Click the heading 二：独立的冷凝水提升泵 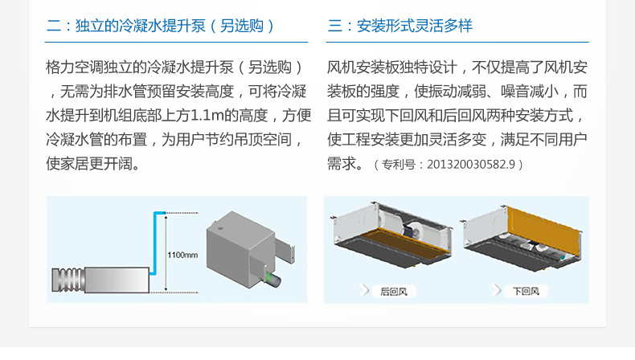point(126,26)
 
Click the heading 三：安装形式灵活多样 point(400,26)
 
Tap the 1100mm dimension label point(182,255)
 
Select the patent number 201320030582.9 point(471,165)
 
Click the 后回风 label point(394,291)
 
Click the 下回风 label point(526,291)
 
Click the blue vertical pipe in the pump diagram point(155,243)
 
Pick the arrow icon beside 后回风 point(365,290)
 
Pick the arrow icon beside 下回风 point(497,290)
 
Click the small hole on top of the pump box point(221,228)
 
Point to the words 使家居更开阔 point(89,164)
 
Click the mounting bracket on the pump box point(285,250)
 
